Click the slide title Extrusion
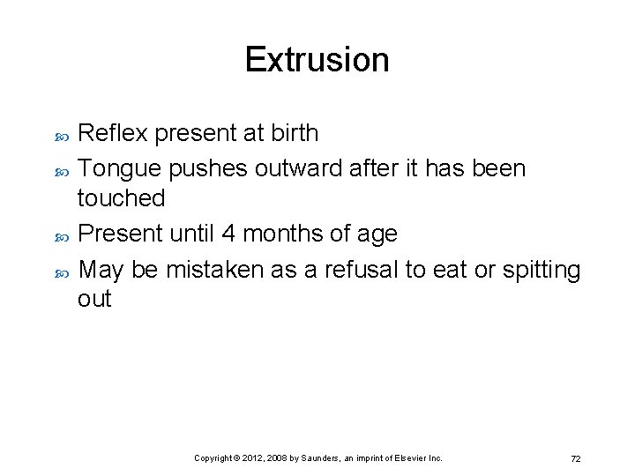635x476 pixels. point(317,60)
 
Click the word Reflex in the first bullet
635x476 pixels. point(112,133)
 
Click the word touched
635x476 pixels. point(121,198)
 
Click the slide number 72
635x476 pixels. point(575,459)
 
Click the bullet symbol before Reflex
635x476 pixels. point(62,135)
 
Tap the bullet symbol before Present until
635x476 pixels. point(62,235)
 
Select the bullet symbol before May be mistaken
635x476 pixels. point(62,271)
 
